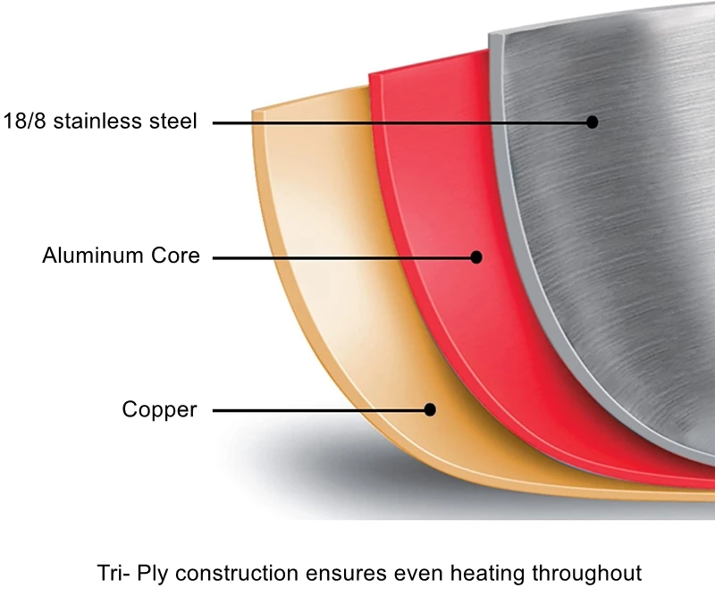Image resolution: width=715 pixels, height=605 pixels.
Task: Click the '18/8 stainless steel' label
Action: tap(100, 122)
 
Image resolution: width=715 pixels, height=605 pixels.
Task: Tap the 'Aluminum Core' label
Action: tap(121, 256)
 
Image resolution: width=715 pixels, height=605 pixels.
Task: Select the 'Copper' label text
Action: tap(159, 410)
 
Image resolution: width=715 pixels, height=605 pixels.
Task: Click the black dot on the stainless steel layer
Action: tap(592, 122)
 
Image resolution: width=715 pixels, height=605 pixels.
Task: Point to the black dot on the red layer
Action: tap(476, 256)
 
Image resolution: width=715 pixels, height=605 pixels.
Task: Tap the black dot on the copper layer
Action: tap(430, 410)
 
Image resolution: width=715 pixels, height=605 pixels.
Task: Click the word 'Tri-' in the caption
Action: tap(113, 573)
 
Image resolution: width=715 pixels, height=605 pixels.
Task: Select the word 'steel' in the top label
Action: tap(172, 122)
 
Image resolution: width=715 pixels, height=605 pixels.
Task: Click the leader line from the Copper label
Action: tap(313, 410)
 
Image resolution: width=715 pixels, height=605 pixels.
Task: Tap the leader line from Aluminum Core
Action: tap(340, 256)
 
